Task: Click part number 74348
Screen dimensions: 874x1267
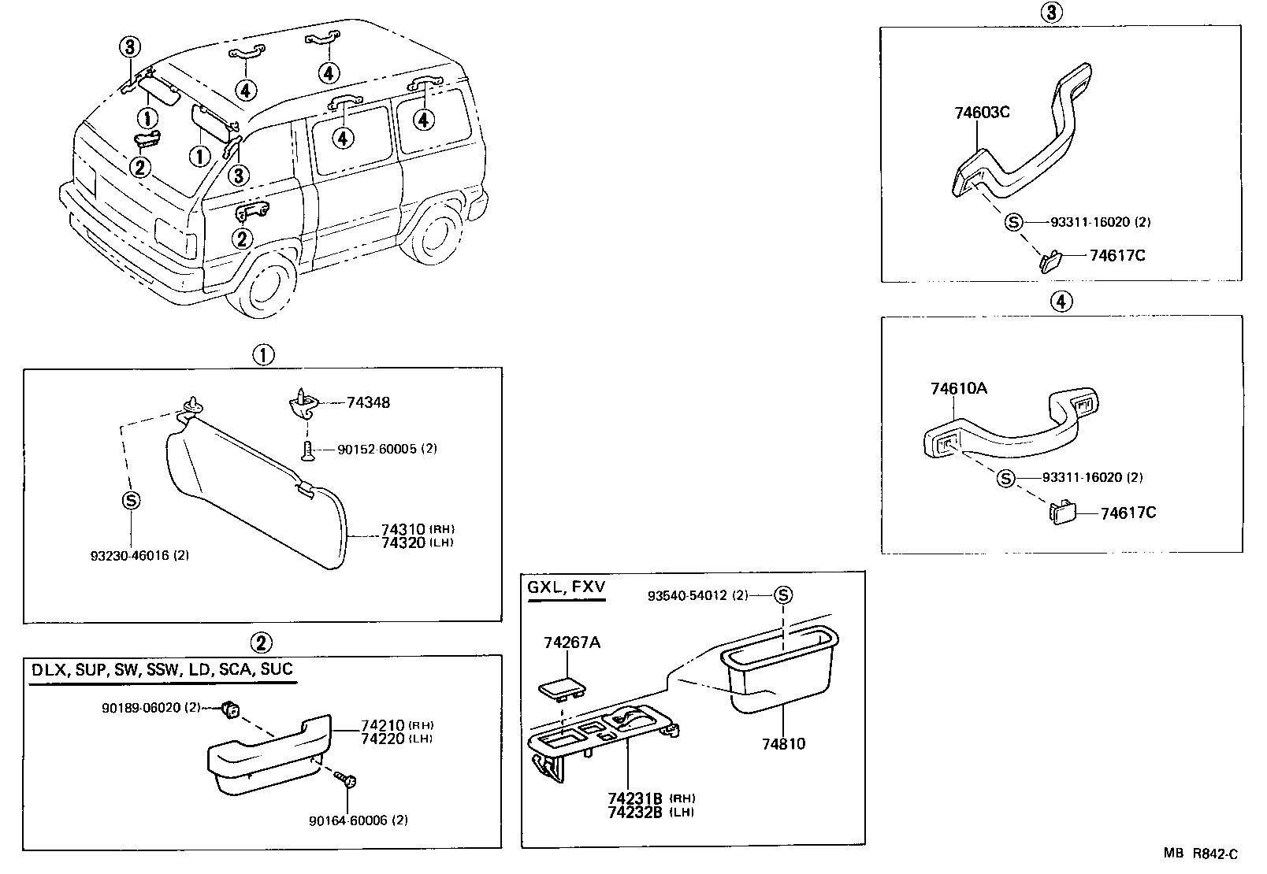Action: point(368,402)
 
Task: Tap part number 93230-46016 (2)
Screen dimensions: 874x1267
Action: point(139,555)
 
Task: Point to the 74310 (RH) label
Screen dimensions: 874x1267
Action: point(418,529)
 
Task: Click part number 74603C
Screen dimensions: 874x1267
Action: point(982,112)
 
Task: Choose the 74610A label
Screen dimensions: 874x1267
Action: point(958,388)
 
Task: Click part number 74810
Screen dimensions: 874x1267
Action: point(784,743)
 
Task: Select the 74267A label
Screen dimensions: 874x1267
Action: point(571,643)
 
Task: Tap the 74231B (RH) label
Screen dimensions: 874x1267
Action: point(650,797)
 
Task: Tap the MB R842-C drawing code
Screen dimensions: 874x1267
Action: point(1202,854)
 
